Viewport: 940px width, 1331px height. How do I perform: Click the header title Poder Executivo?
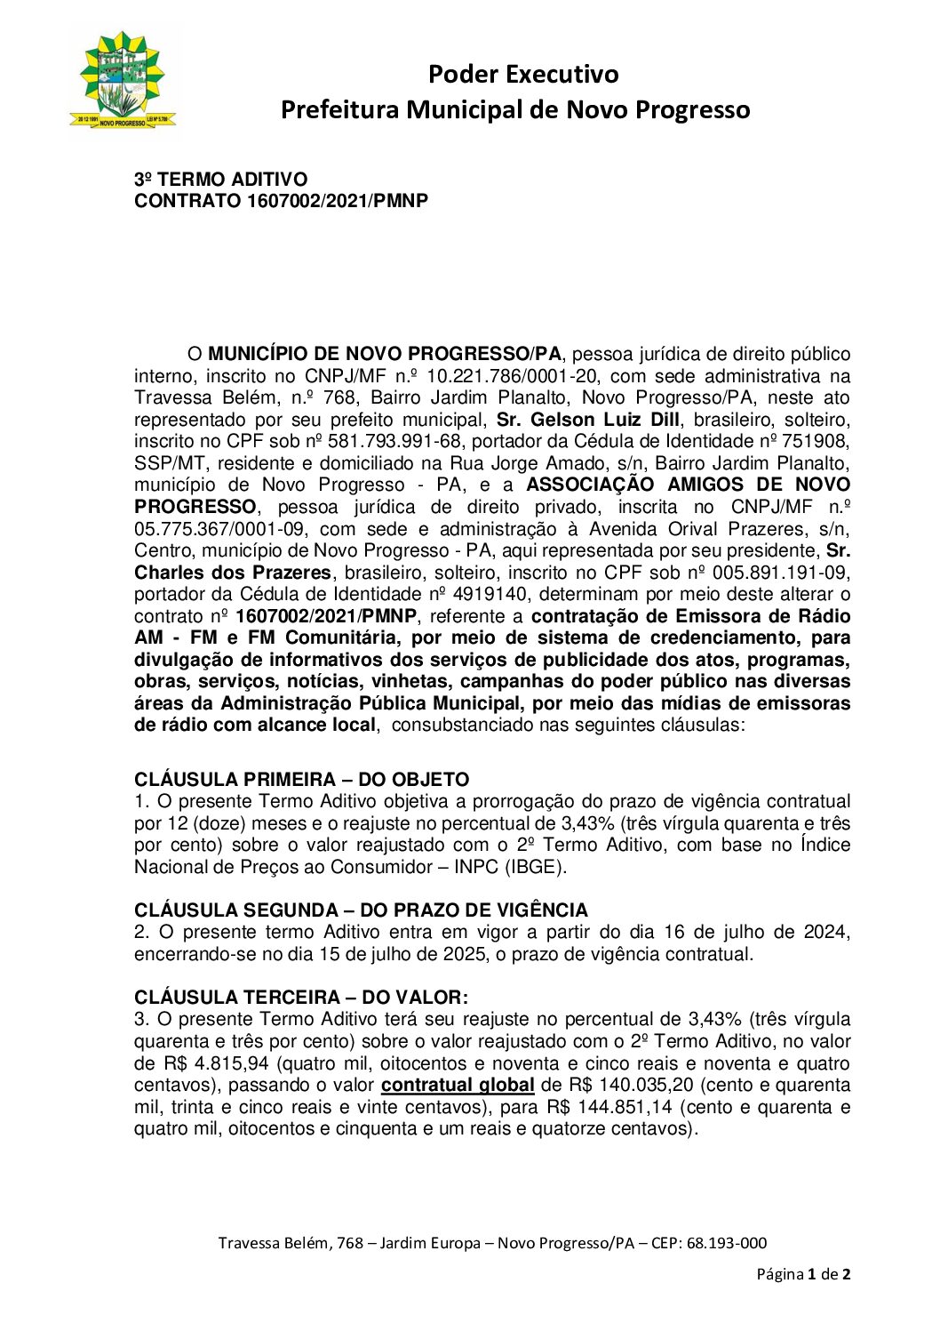pos(522,74)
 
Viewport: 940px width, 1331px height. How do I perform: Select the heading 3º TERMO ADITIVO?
pos(220,180)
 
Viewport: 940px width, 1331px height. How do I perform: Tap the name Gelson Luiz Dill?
pos(605,420)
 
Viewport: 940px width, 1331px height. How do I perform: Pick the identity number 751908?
pos(817,442)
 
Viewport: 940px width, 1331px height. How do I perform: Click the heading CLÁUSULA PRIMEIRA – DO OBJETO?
pos(301,780)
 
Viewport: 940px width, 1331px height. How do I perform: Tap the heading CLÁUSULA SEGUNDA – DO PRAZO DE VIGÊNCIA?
pos(361,910)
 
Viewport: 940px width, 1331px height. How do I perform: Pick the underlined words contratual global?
pos(458,1086)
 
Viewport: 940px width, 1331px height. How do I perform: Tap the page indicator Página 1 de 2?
pos(803,1274)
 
